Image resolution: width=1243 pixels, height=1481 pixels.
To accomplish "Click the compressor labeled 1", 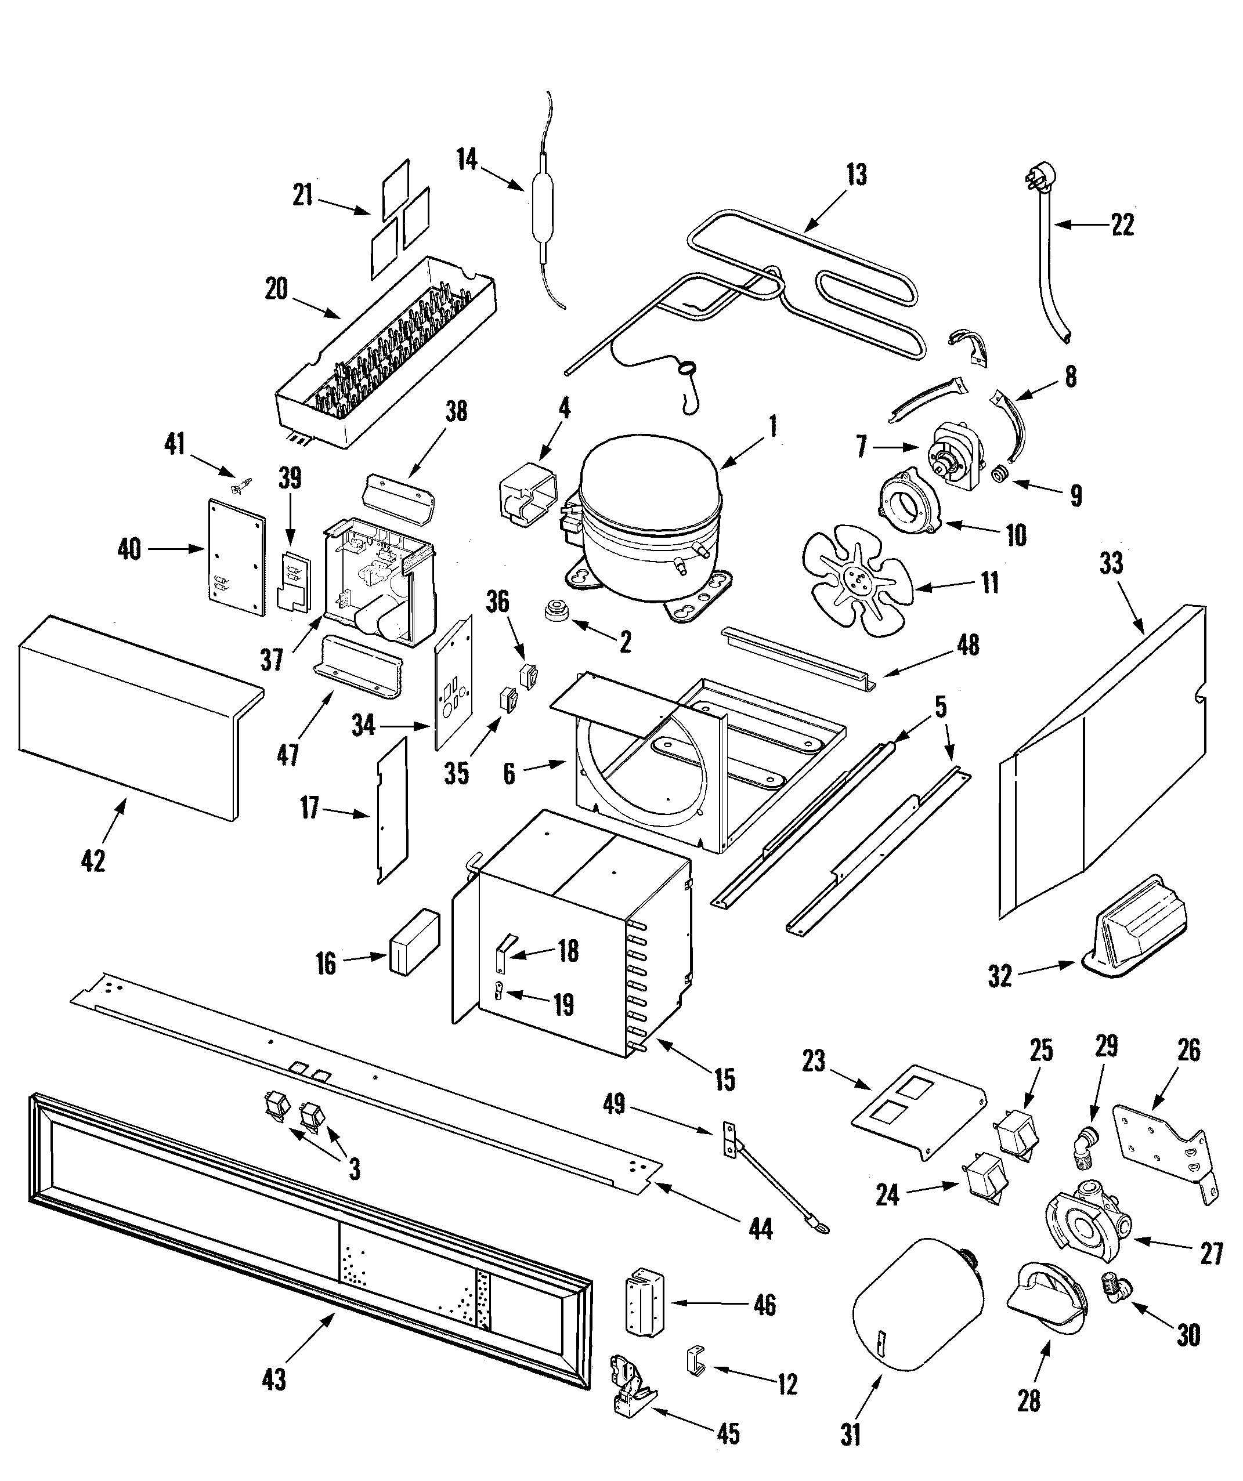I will [649, 522].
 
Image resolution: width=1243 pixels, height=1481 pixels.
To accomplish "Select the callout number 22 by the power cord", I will [1121, 225].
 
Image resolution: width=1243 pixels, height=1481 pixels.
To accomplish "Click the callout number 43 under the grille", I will [274, 1379].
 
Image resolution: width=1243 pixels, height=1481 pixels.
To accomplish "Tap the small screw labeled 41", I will [242, 485].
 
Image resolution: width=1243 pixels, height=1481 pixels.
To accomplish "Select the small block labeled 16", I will [413, 941].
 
